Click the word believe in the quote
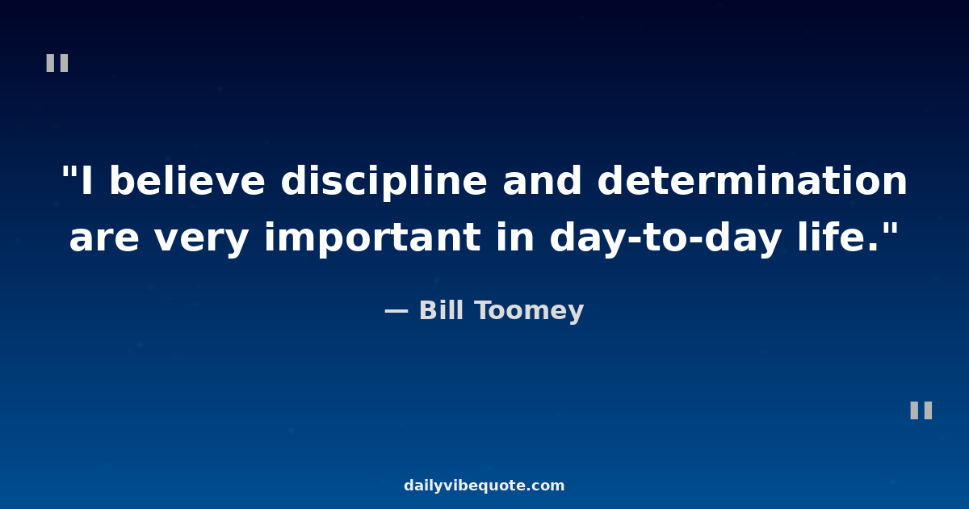pyautogui.click(x=187, y=180)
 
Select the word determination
pyautogui.click(x=752, y=180)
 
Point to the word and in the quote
pyautogui.click(x=542, y=180)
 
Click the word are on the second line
pyautogui.click(x=104, y=238)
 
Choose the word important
pyautogui.click(x=372, y=239)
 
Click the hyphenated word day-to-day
pyautogui.click(x=665, y=239)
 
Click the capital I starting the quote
pyautogui.click(x=87, y=180)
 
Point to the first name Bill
pyautogui.click(x=441, y=310)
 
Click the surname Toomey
pyautogui.click(x=529, y=312)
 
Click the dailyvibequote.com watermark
pyautogui.click(x=484, y=486)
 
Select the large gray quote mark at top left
pyautogui.click(x=57, y=63)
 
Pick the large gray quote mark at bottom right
pyautogui.click(x=921, y=410)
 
